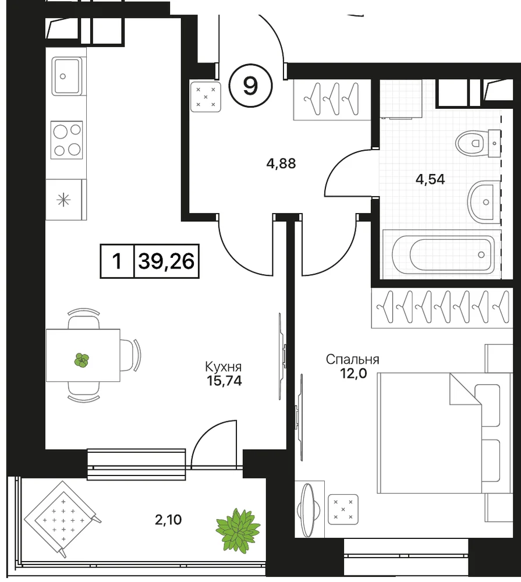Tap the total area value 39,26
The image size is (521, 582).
(166, 261)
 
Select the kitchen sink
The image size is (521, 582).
(67, 76)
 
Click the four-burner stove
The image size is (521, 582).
(67, 140)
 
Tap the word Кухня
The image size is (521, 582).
(223, 367)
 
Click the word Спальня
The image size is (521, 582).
(352, 359)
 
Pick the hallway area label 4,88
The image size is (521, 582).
(281, 164)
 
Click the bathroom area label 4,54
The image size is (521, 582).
(430, 180)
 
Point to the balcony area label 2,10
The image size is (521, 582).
(168, 520)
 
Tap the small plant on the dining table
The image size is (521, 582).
(81, 360)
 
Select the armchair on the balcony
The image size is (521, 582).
(62, 519)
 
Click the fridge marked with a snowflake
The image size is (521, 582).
(64, 200)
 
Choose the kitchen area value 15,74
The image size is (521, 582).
(224, 381)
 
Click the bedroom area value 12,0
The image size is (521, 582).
(353, 373)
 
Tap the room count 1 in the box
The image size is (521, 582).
(116, 261)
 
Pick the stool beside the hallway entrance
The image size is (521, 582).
(205, 97)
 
